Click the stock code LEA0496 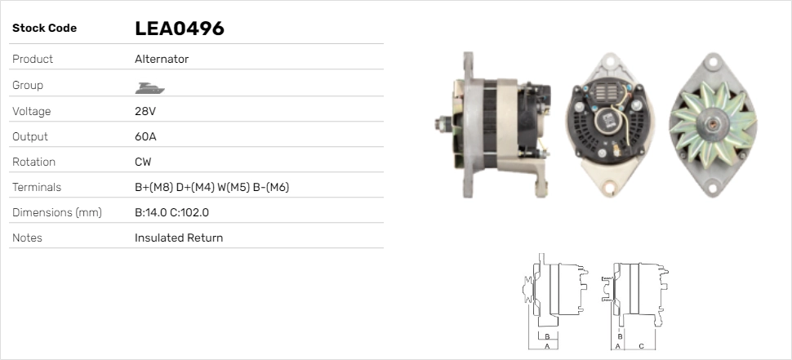pos(180,29)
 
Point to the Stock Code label pos(44,29)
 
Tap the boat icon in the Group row pos(149,88)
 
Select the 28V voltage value pos(145,111)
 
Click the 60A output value pos(145,136)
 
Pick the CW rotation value pos(143,162)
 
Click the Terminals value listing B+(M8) pos(211,187)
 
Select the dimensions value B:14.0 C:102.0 pos(171,212)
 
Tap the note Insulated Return pos(179,238)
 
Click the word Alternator pos(162,59)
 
